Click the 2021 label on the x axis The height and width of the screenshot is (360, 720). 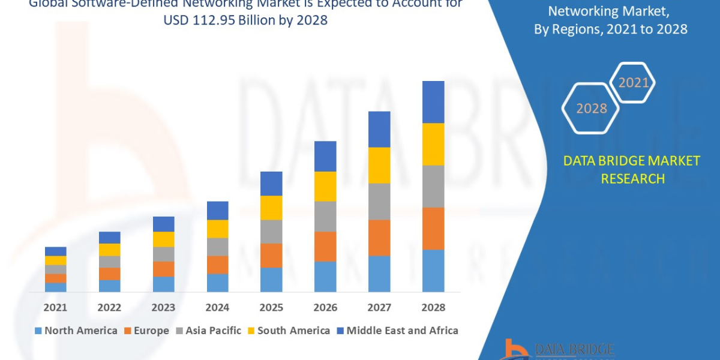55,307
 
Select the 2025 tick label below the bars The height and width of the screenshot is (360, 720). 271,307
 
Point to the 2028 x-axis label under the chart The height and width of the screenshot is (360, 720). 433,307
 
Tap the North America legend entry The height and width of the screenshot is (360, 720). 76,331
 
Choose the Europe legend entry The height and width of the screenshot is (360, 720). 147,331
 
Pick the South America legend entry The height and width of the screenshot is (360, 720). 288,331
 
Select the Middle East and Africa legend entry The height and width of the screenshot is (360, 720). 397,331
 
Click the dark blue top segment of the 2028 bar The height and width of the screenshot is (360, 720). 433,102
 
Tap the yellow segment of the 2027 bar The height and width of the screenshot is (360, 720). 379,165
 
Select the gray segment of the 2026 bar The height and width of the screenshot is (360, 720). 325,216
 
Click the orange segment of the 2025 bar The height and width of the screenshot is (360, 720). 271,255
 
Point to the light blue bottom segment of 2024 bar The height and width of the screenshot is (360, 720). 217,283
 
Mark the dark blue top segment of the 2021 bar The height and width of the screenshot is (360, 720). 55,251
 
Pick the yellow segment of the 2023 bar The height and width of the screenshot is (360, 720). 163,239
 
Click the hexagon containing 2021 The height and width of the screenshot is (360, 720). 633,83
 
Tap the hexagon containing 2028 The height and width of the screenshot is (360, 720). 591,109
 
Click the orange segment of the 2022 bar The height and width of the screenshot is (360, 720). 109,274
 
